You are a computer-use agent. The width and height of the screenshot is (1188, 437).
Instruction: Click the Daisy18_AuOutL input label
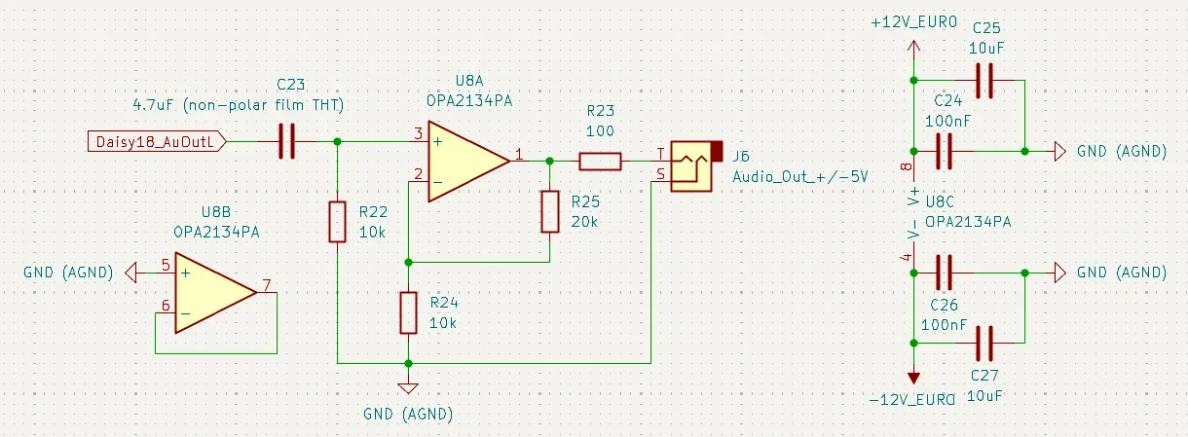[157, 142]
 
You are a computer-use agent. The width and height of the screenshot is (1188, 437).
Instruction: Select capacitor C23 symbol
[286, 142]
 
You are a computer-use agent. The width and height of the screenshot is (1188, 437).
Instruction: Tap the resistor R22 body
[337, 221]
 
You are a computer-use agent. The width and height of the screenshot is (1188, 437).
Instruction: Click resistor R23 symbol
[600, 162]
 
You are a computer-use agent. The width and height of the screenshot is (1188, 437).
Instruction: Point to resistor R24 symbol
[409, 312]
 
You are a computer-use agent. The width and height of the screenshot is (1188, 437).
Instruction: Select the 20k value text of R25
[584, 221]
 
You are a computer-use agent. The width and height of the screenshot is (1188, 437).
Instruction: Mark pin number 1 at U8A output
[519, 154]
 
